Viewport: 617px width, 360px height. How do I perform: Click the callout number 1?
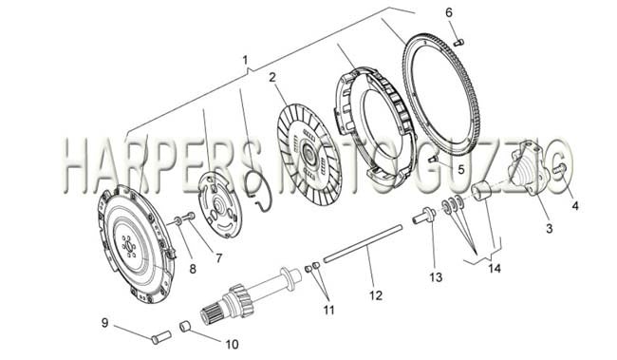tap(246, 60)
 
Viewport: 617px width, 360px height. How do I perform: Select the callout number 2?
tap(272, 78)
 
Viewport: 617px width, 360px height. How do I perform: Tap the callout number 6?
tap(449, 12)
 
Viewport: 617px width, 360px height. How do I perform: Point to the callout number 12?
tap(376, 295)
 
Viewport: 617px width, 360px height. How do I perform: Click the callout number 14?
tap(495, 268)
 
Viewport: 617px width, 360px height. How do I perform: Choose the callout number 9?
tap(104, 323)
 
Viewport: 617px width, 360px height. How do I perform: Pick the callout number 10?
tap(233, 344)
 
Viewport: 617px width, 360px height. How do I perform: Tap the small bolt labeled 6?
tap(459, 42)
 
